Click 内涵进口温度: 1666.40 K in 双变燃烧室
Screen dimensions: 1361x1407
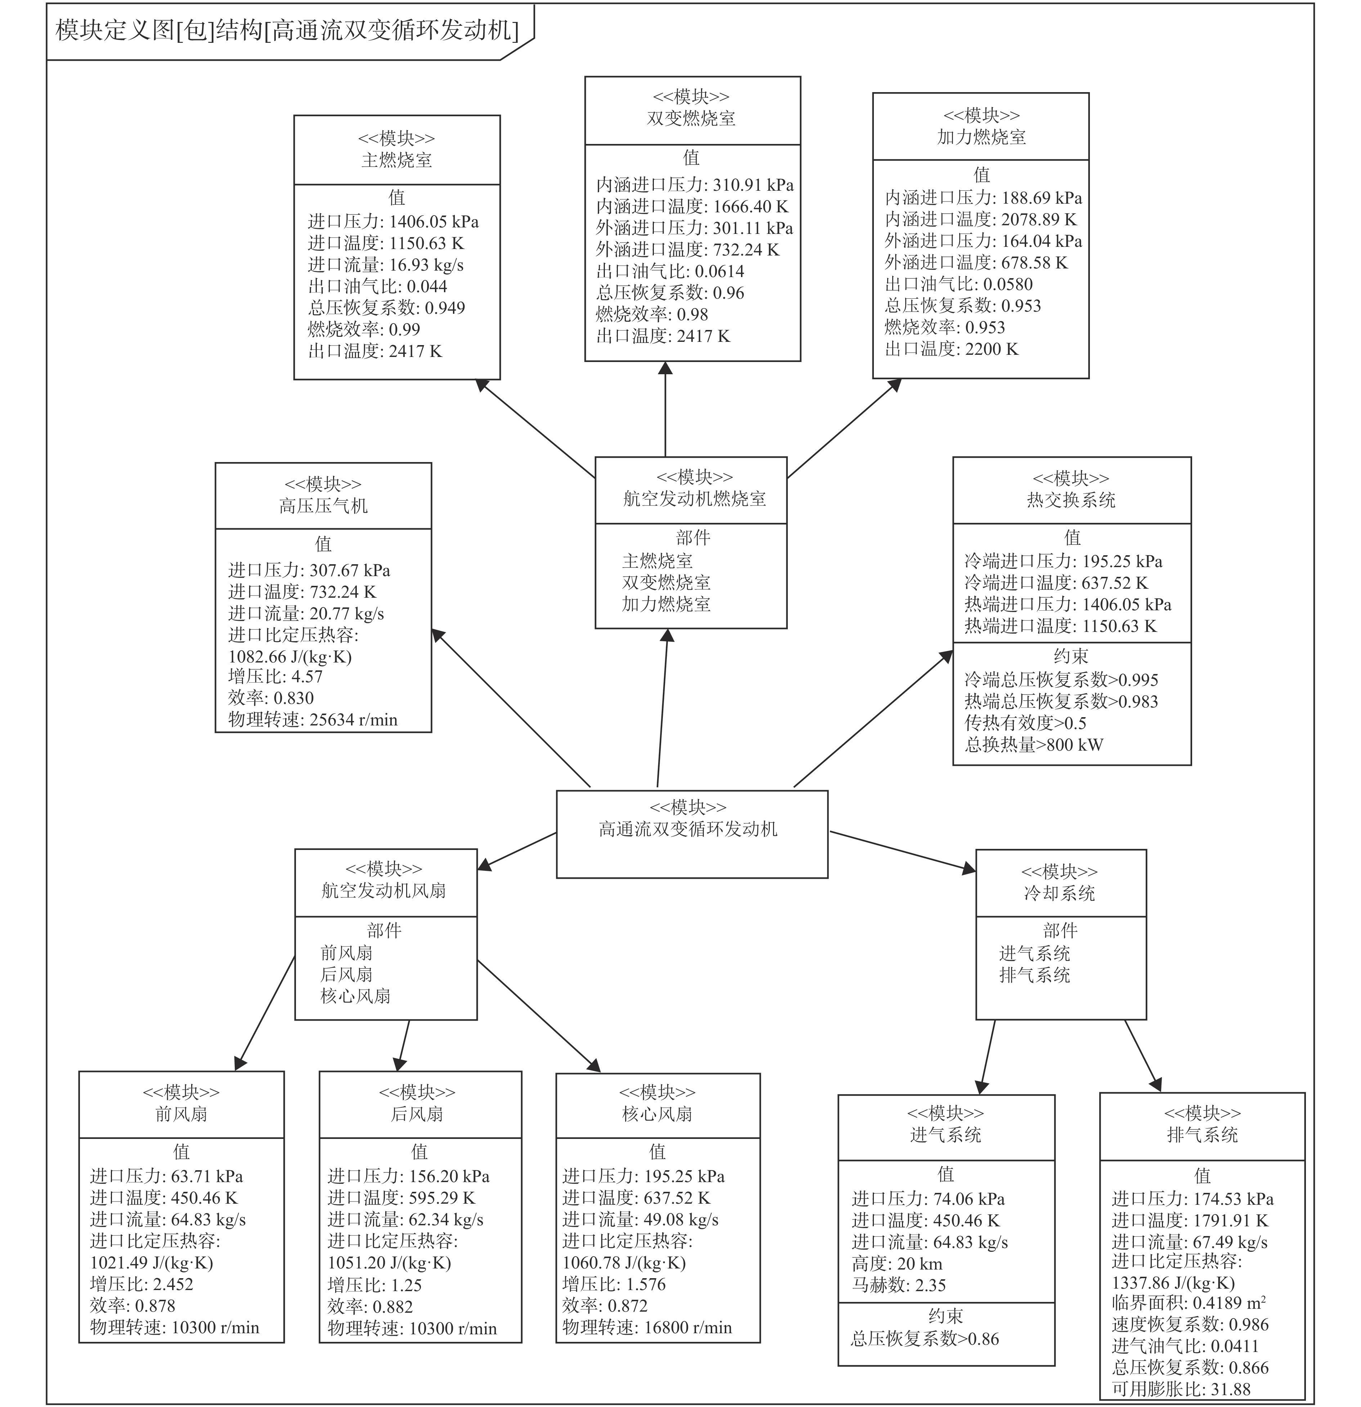[692, 207]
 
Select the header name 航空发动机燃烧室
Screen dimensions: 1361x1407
[695, 498]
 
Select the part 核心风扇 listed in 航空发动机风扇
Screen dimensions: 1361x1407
[355, 996]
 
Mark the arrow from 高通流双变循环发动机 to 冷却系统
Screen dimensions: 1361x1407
[903, 852]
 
